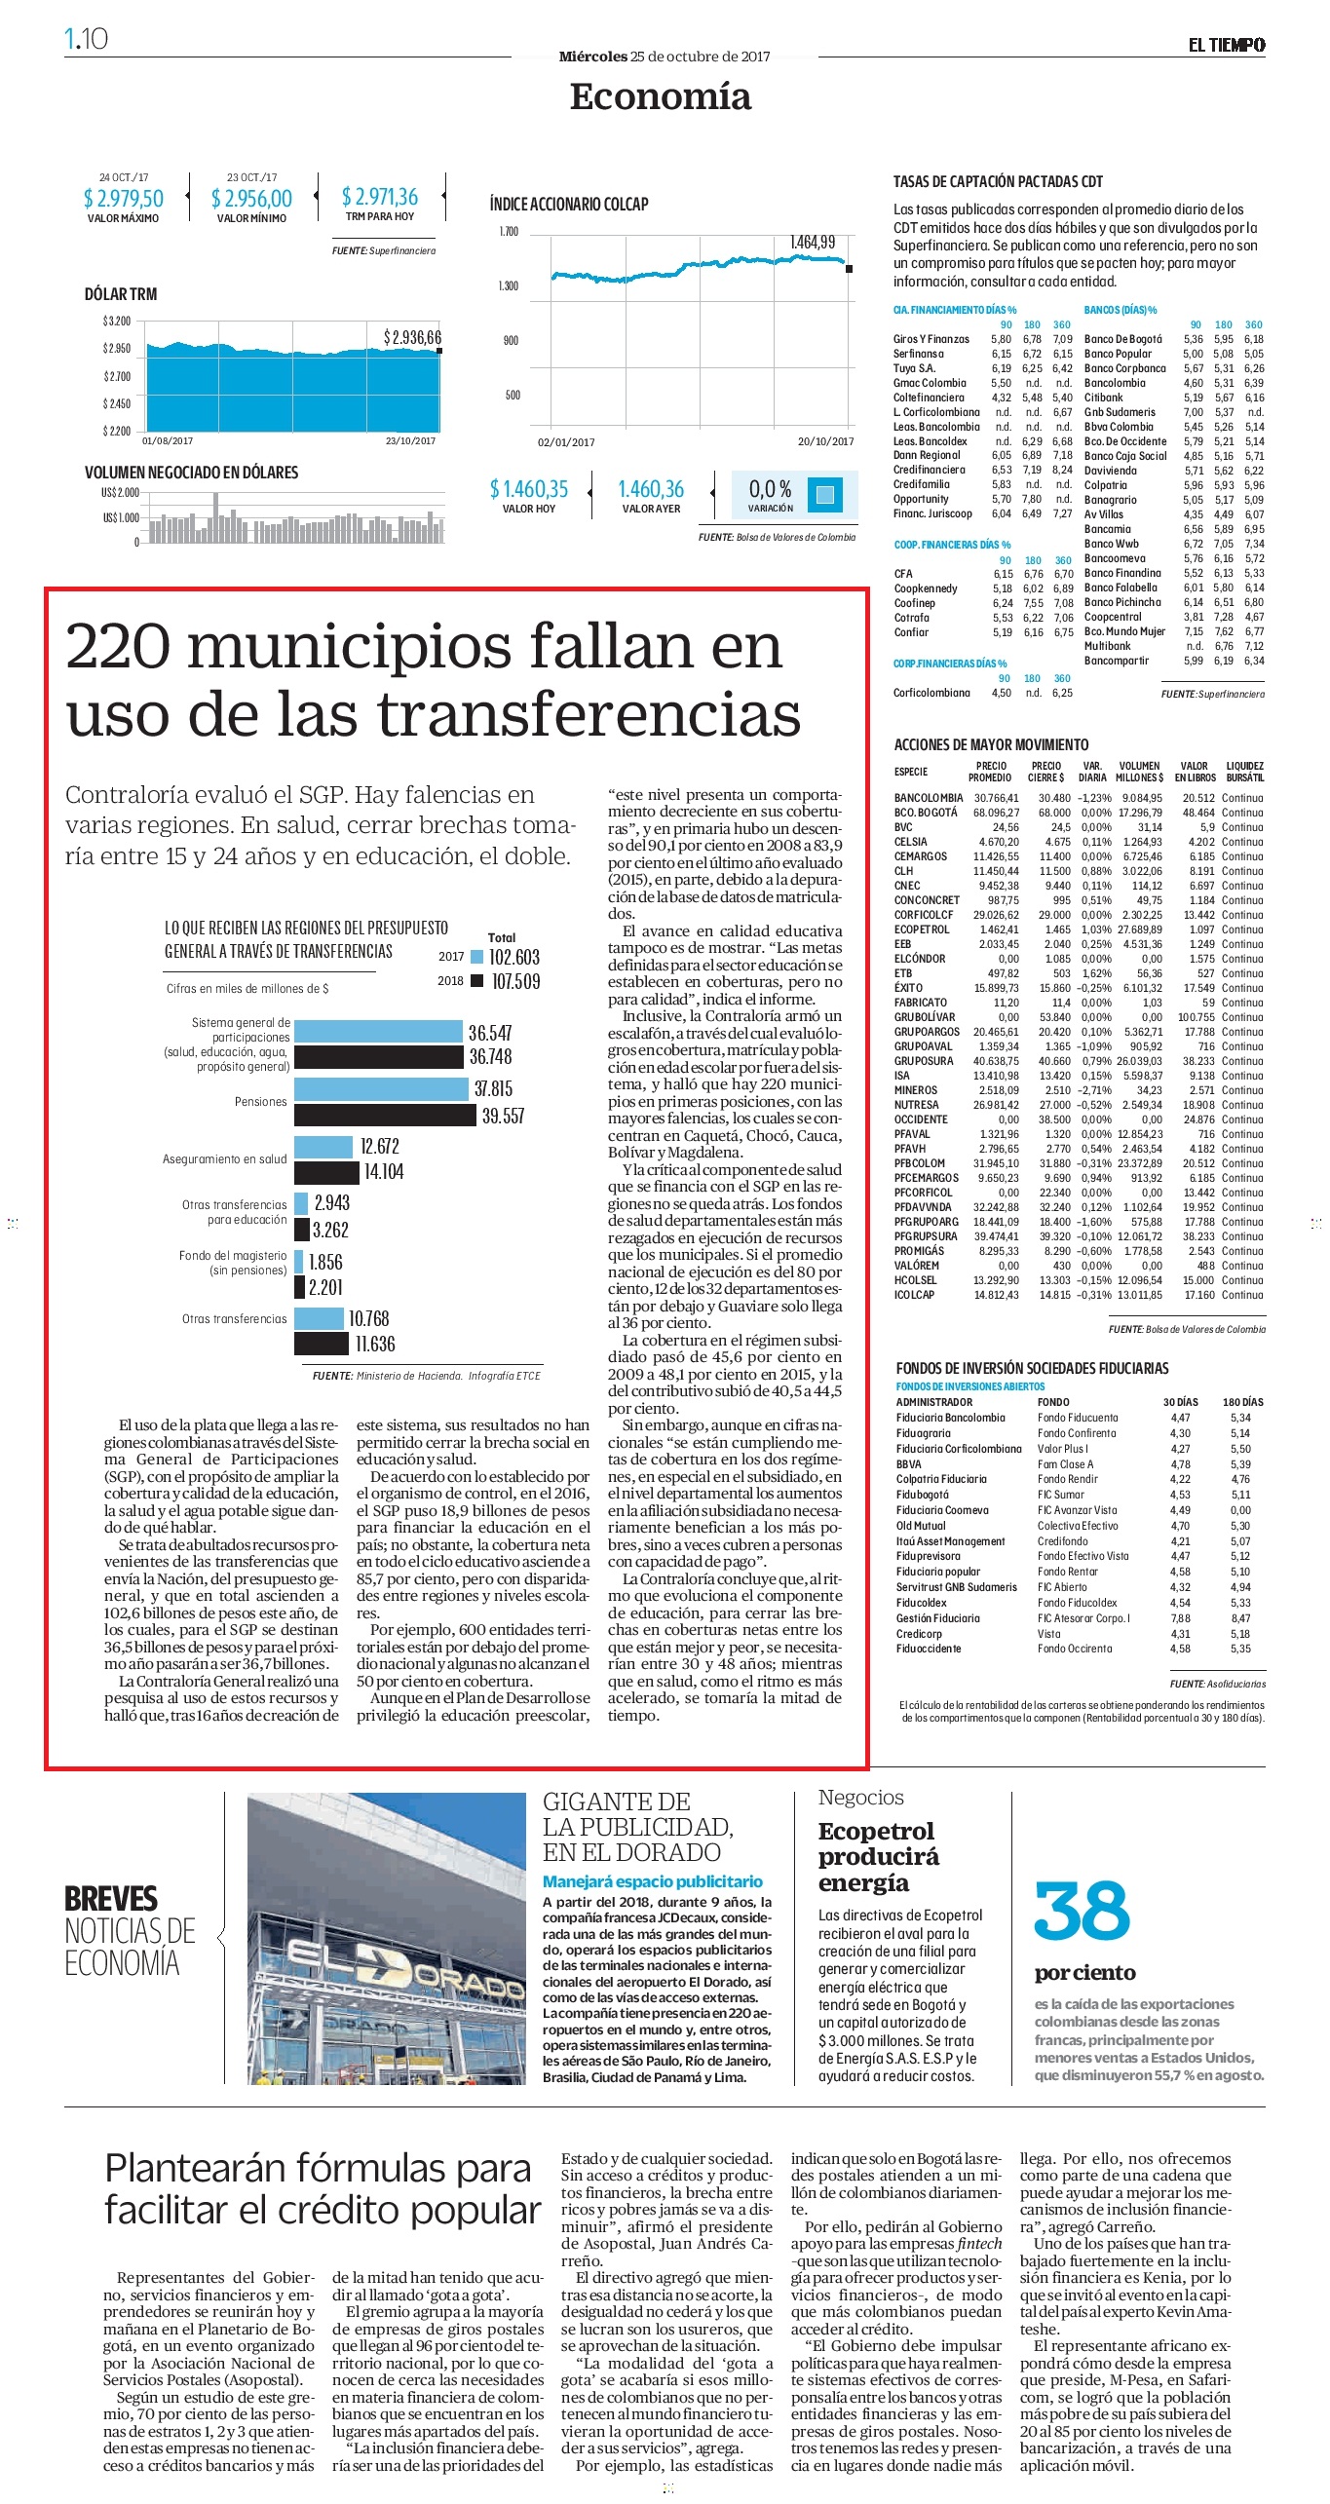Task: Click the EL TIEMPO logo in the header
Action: coord(1226,45)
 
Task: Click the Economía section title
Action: coord(661,96)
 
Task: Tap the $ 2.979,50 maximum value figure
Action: coord(124,199)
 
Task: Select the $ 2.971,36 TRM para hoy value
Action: coord(380,197)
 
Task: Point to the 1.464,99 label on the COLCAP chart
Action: coord(813,242)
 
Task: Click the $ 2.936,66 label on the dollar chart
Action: coord(412,337)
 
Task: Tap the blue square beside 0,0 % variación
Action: coord(824,494)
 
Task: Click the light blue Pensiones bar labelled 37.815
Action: coord(381,1088)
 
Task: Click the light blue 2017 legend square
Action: coord(476,957)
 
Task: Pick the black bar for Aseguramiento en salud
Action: coord(326,1172)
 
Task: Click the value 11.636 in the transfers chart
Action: coord(375,1345)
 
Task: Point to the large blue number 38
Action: coord(1082,1912)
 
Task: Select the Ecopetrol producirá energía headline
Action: coord(878,1857)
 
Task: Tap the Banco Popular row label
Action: coord(1118,354)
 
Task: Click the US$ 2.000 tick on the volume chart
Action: coord(121,492)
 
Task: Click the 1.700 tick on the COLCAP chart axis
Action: coord(509,232)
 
